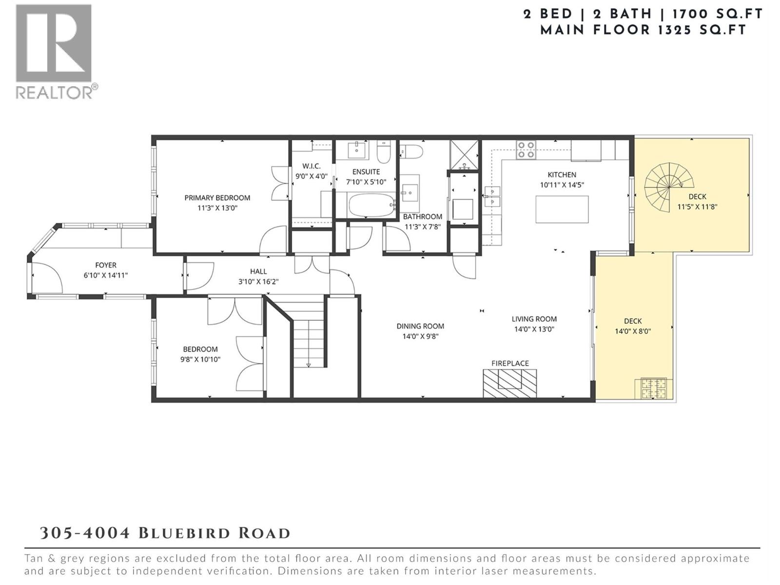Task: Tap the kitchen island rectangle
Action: [562, 209]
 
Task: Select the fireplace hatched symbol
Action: [509, 383]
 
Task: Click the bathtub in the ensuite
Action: [372, 206]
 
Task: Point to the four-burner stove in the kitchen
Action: [526, 150]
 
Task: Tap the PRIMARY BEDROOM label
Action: [217, 198]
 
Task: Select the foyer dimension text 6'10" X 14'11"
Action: [105, 275]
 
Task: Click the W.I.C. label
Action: [311, 166]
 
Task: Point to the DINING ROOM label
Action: [420, 326]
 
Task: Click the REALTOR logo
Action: [54, 51]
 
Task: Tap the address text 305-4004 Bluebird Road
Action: [165, 533]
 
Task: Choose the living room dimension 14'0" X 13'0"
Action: [534, 329]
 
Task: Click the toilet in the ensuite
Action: [384, 153]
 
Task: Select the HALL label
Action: [258, 272]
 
